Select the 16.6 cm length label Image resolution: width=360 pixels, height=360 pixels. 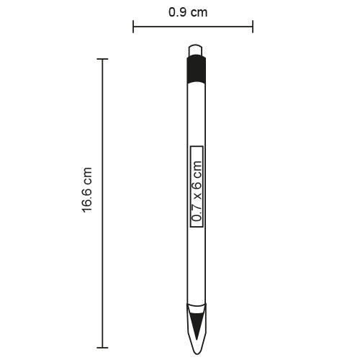pos(87,191)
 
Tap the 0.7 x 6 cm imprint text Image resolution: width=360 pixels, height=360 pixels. pos(197,186)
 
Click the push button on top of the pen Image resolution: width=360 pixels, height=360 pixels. pos(196,50)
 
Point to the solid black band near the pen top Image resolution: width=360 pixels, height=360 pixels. pos(196,69)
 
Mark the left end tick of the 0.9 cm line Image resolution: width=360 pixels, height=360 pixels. pos(133,27)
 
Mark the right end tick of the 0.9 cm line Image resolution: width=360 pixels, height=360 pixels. pos(253,27)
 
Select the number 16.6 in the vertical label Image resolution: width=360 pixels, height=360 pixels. pos(87,199)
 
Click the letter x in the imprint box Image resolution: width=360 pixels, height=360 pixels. pos(197,194)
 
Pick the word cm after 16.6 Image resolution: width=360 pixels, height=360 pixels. pos(87,176)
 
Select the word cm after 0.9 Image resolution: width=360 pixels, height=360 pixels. pos(203,12)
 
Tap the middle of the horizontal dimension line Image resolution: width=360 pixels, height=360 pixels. pos(193,27)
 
